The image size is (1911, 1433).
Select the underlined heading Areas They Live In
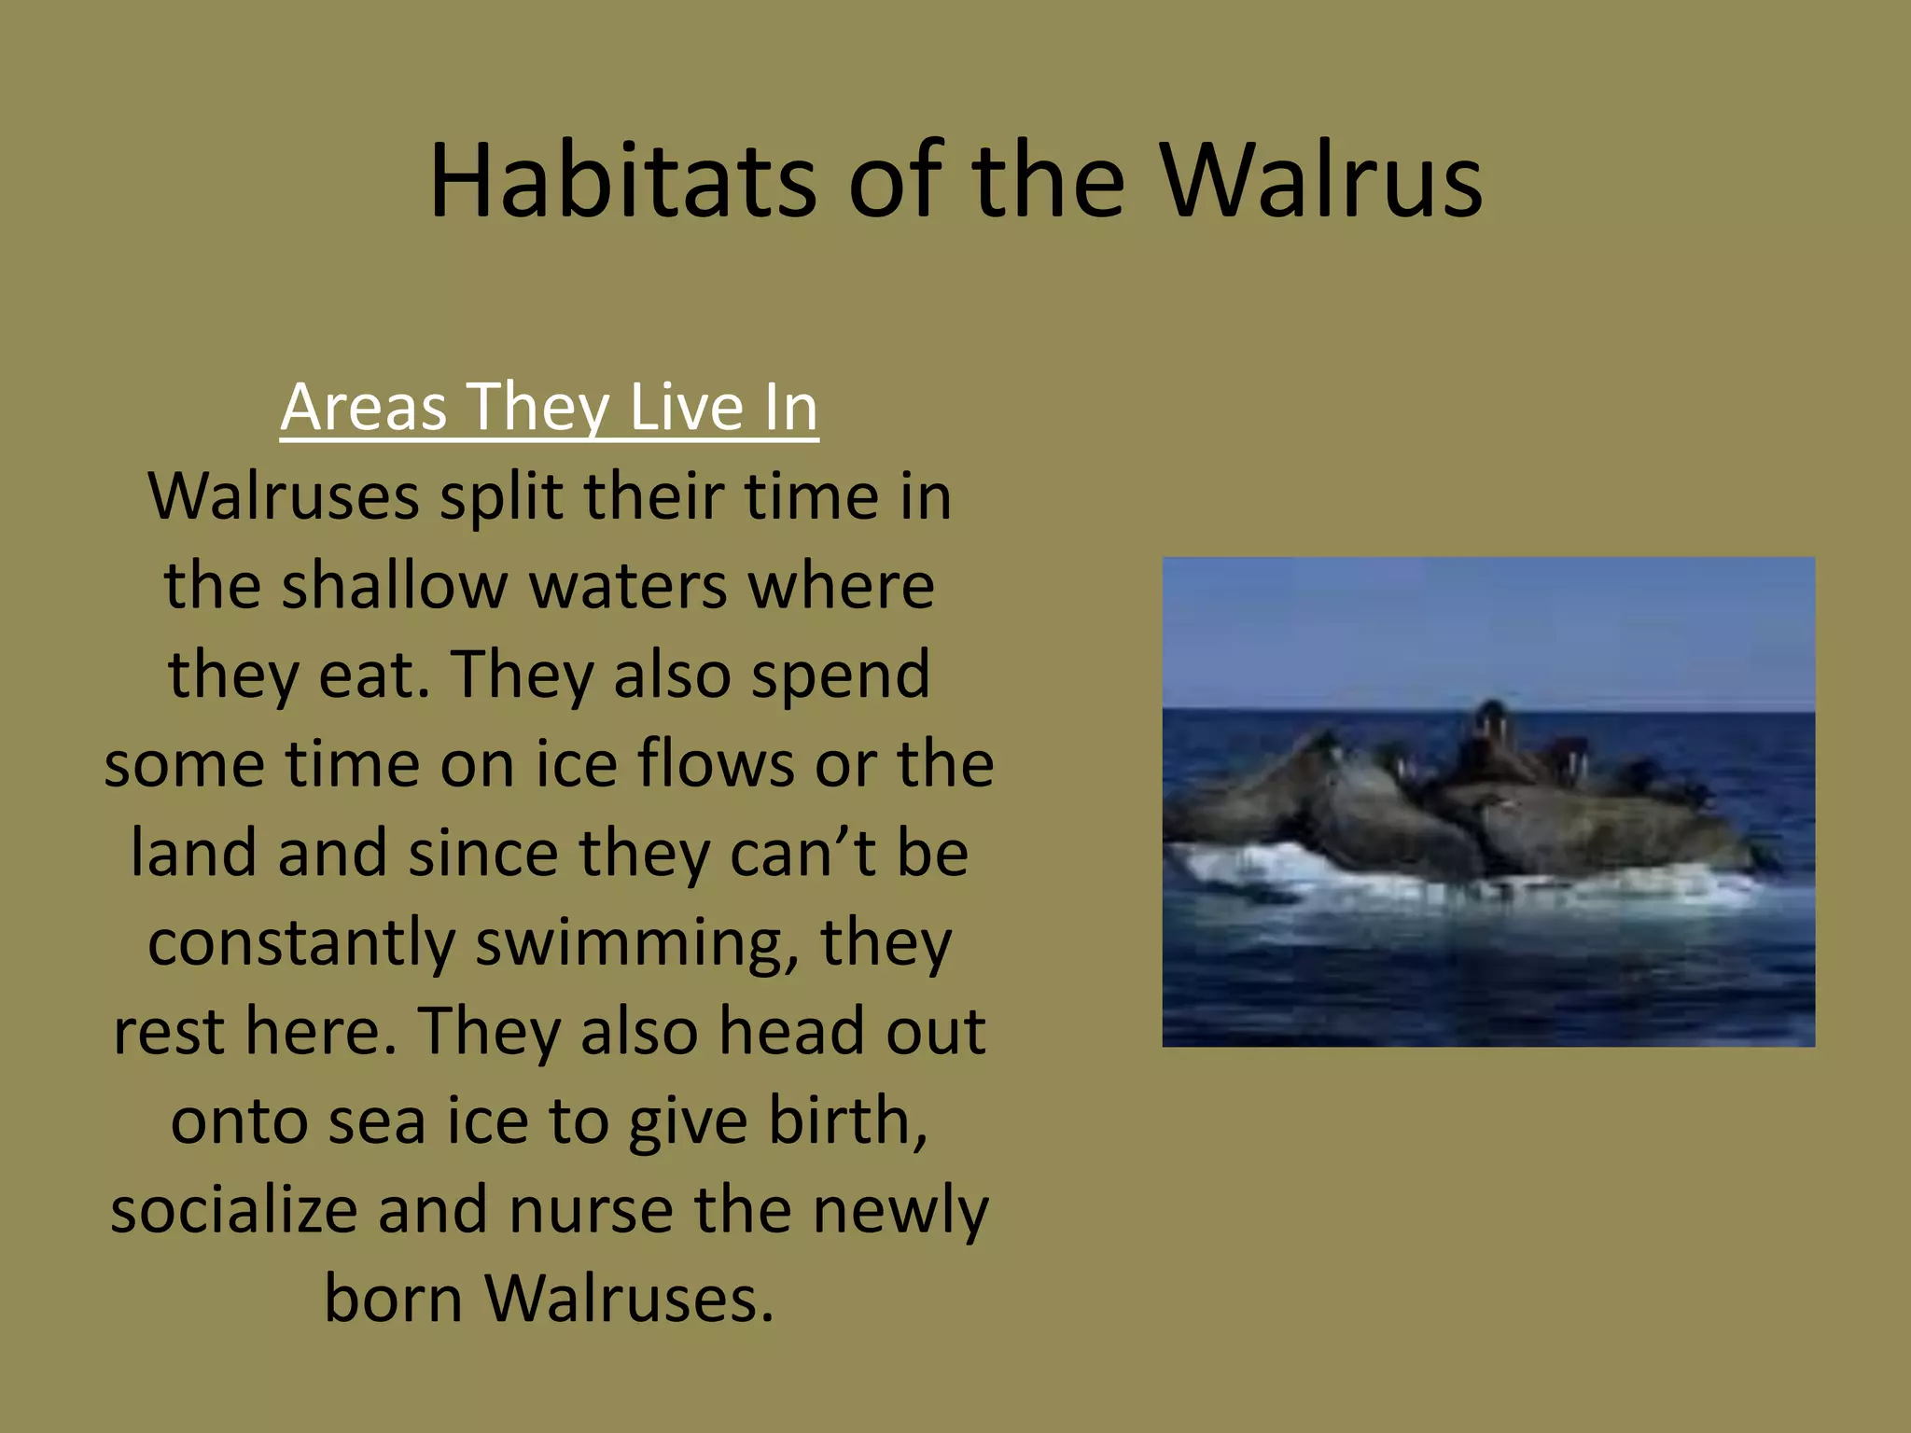click(x=549, y=407)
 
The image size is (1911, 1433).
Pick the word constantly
click(x=301, y=942)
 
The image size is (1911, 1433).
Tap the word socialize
click(x=233, y=1209)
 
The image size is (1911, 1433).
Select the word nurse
click(x=590, y=1209)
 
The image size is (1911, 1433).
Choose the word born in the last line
click(x=393, y=1299)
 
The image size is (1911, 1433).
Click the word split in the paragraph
click(x=500, y=498)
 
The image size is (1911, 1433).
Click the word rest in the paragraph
click(x=168, y=1032)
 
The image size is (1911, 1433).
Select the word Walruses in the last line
click(x=629, y=1299)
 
